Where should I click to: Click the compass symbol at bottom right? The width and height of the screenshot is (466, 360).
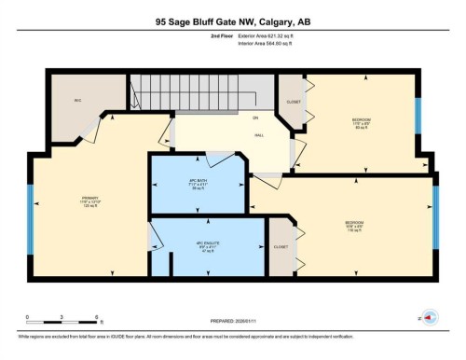click(430, 317)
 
